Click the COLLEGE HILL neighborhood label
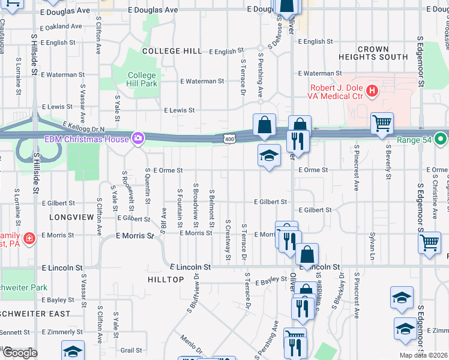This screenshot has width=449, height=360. (x=171, y=51)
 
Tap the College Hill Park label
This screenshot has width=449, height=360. (x=142, y=79)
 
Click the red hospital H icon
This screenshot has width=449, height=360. (x=372, y=91)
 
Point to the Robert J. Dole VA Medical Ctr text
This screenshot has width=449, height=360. (x=337, y=92)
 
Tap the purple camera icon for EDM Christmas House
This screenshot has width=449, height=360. (x=139, y=139)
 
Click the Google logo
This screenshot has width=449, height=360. (x=19, y=353)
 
